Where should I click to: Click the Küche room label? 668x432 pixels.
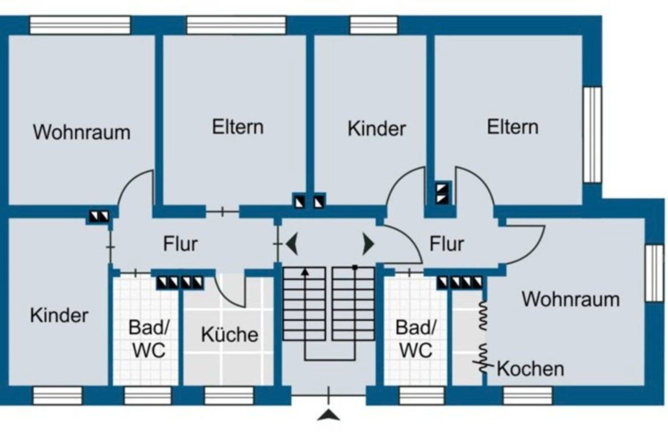[x=229, y=335]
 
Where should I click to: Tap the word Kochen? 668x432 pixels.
[x=530, y=369]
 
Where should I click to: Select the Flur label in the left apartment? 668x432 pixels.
[x=180, y=244]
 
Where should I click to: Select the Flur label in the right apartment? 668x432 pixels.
[x=446, y=244]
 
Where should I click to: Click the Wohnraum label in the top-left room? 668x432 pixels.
[x=82, y=132]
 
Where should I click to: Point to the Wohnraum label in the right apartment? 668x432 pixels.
[x=570, y=299]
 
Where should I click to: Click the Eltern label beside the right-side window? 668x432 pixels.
[x=512, y=127]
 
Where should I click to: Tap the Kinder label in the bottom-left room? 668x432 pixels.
[x=59, y=316]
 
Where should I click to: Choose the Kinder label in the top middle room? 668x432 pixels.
[x=376, y=128]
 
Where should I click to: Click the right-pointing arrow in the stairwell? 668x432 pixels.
[x=368, y=244]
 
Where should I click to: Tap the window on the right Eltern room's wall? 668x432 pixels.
[x=592, y=134]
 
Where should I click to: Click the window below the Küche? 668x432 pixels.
[x=229, y=396]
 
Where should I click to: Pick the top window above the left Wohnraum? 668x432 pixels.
[x=80, y=25]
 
